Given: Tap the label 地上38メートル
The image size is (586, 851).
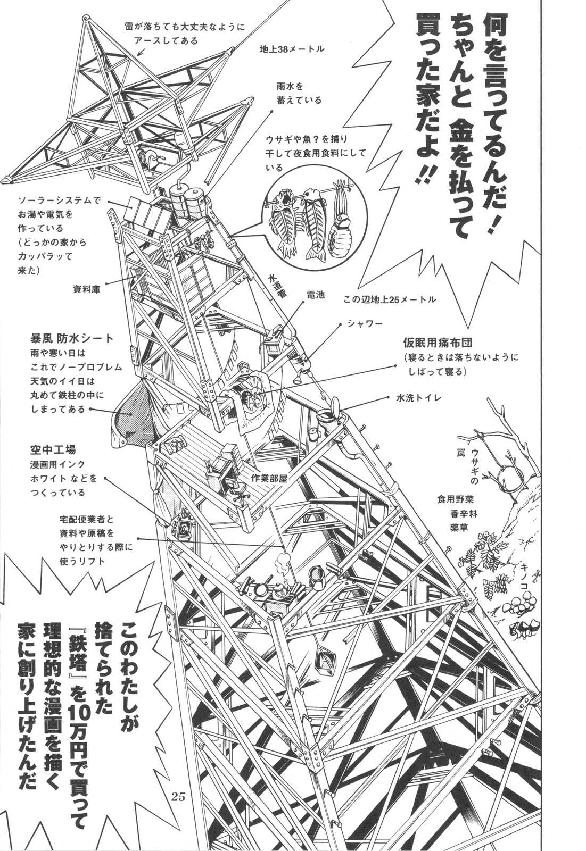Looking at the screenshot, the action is click(x=291, y=49).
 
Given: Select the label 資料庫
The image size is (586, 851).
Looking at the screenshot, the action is click(x=86, y=289).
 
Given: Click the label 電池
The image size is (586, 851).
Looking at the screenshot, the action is click(x=315, y=295).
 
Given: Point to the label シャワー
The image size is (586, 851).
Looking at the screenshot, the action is click(x=364, y=323).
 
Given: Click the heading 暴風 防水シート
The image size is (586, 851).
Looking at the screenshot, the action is click(x=71, y=338).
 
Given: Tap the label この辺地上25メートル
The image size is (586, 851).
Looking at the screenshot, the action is click(x=390, y=299).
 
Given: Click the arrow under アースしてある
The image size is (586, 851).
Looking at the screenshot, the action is click(x=141, y=51).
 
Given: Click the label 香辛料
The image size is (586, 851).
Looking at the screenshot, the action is click(x=463, y=514).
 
